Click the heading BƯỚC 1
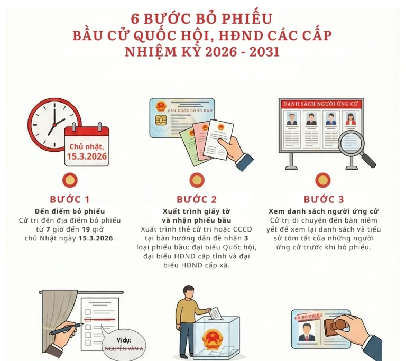(x=70, y=199)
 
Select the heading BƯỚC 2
(x=197, y=199)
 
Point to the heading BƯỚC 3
(x=324, y=199)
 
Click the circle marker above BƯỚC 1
(x=70, y=180)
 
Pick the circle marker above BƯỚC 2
(x=197, y=180)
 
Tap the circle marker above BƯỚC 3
(x=324, y=180)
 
